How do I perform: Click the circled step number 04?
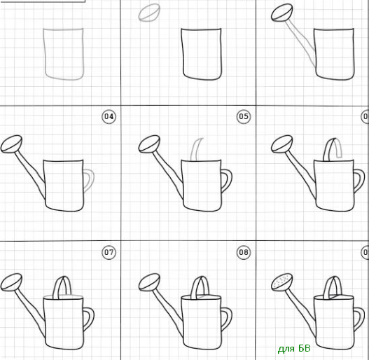[109, 116]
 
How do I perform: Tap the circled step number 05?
[244, 116]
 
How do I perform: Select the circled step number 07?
[109, 252]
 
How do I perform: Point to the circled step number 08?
[244, 252]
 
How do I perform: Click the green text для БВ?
[294, 349]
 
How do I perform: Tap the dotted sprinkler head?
[282, 282]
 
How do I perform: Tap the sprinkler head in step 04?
[11, 144]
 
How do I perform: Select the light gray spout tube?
[301, 43]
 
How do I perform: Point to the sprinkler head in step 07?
[11, 282]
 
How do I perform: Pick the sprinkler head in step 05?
[149, 144]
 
